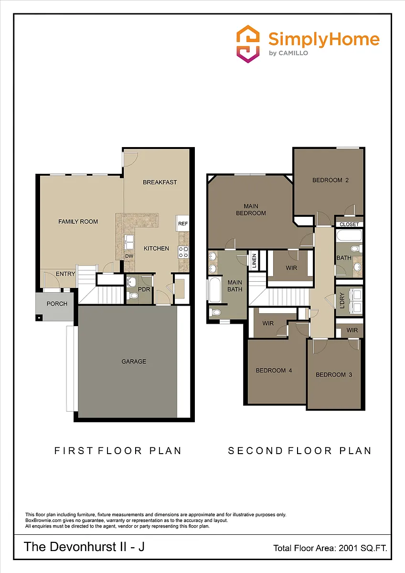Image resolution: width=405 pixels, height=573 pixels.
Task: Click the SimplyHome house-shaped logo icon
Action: (x=248, y=44)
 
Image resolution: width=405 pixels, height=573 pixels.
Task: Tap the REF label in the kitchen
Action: (x=183, y=223)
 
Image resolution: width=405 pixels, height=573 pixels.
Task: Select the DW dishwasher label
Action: (x=129, y=256)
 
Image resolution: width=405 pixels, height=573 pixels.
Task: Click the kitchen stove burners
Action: (x=183, y=252)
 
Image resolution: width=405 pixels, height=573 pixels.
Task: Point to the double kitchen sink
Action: (x=129, y=242)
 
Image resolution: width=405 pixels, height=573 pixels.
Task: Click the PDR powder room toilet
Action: (x=133, y=296)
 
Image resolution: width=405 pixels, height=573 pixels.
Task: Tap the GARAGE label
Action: (x=134, y=361)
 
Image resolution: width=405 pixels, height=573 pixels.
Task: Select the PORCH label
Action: (x=57, y=304)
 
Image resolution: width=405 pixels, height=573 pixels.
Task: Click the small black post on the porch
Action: (x=39, y=318)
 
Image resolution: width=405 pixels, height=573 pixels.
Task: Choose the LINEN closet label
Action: (x=254, y=261)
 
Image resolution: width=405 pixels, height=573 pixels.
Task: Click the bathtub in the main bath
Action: (x=214, y=289)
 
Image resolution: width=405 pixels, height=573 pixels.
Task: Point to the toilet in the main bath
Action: (x=215, y=312)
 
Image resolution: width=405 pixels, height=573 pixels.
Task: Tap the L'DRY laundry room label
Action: (x=342, y=300)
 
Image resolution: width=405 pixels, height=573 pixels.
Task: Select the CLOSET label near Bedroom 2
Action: (x=349, y=224)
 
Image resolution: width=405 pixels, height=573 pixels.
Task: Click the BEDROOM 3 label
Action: (x=334, y=375)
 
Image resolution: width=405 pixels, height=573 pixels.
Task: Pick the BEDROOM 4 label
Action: (x=274, y=371)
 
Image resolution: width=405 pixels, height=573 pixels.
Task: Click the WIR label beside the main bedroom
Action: (x=291, y=268)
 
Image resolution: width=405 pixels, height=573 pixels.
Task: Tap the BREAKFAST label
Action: (x=160, y=182)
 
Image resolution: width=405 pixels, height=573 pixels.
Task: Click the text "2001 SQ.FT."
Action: (x=363, y=548)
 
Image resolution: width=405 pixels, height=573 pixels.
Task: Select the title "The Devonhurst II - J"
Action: (x=84, y=547)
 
